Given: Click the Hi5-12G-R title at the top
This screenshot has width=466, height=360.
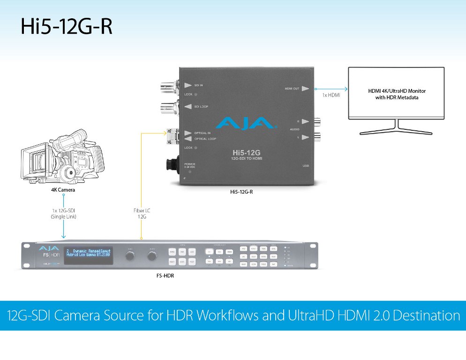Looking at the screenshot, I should coord(67,27).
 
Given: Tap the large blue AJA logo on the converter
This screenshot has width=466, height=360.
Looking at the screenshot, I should coord(244,123).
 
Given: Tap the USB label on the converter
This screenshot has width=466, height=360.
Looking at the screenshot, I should coord(306,165).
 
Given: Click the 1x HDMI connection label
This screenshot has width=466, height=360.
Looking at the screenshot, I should coord(331,95).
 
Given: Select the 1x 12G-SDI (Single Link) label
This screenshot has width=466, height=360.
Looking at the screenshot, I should coord(63,214).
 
